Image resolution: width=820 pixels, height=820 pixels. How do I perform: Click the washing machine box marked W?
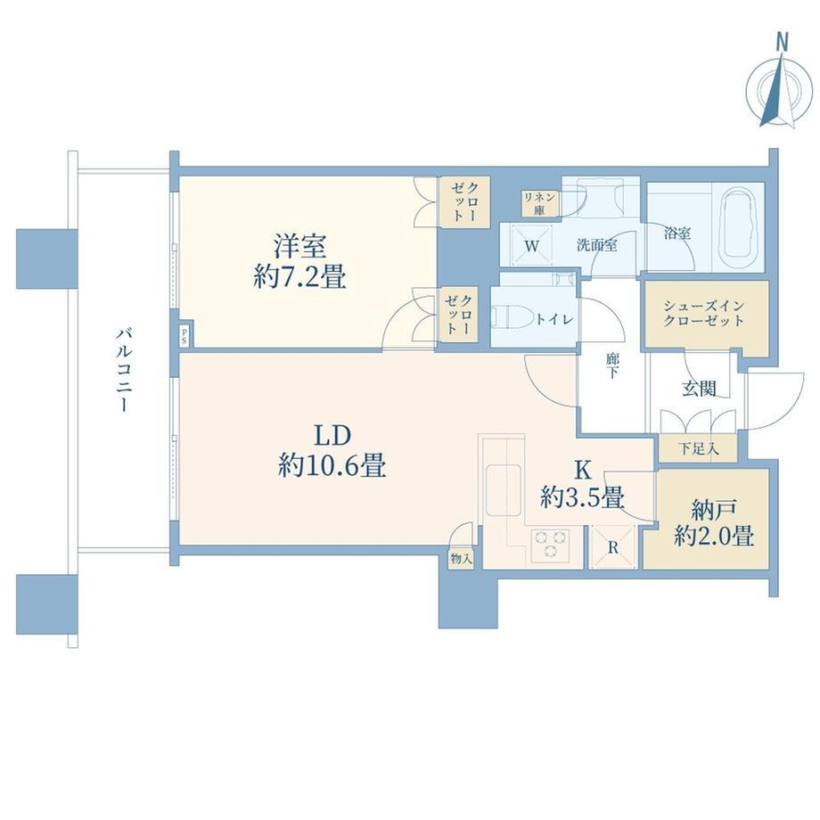tap(531, 246)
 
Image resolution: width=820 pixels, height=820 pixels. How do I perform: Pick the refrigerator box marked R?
tap(612, 547)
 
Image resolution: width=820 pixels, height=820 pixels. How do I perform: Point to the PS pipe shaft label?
tap(184, 335)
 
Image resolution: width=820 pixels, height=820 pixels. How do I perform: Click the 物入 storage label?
tap(461, 559)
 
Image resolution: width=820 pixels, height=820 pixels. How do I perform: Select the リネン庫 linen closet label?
tap(539, 203)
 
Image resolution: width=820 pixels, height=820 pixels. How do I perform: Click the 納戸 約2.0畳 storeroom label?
tap(714, 522)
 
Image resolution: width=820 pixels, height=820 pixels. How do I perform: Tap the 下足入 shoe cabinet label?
tap(698, 448)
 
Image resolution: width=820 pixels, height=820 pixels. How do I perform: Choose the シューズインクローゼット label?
tap(703, 313)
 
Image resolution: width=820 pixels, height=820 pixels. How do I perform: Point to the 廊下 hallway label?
tap(612, 365)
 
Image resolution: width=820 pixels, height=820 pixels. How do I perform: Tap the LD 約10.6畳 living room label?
tap(332, 450)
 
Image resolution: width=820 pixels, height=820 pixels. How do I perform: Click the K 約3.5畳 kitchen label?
tap(582, 484)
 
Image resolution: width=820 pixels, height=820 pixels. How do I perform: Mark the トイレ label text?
tap(554, 319)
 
